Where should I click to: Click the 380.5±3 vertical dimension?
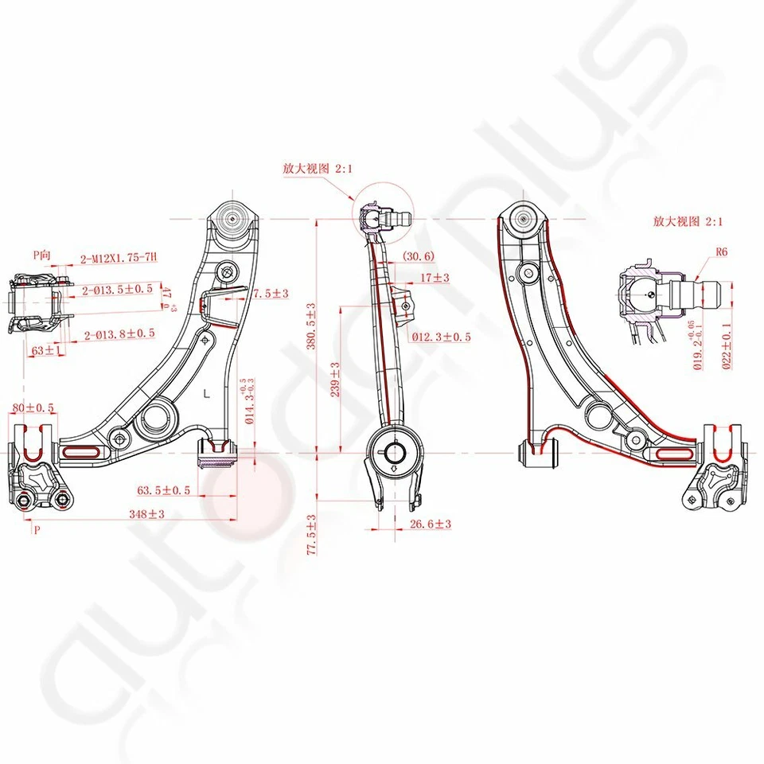[312, 326]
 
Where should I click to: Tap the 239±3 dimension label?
[336, 380]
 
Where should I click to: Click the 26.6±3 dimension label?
[431, 524]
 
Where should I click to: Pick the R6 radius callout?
[722, 251]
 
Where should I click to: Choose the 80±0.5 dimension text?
[33, 408]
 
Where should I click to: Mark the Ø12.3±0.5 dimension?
[441, 337]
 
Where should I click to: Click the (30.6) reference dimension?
[419, 256]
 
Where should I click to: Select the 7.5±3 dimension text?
[271, 293]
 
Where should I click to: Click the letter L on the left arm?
[207, 393]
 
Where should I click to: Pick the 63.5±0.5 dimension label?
[163, 490]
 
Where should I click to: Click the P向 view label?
[42, 255]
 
